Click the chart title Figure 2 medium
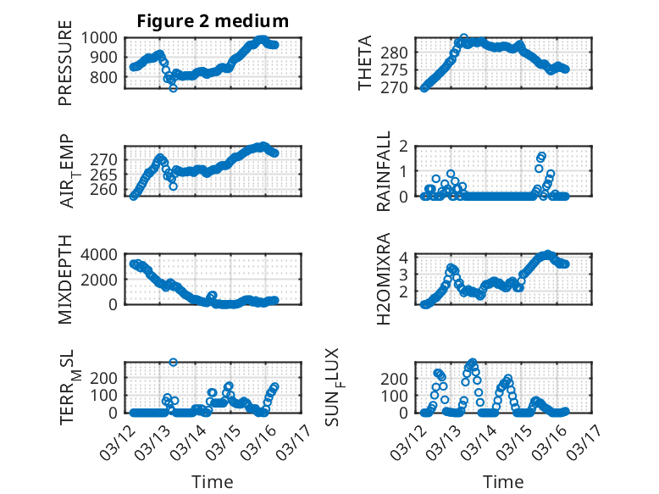coord(213,21)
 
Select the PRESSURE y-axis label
coord(65,69)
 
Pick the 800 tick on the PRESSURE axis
coord(108,77)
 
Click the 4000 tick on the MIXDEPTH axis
coord(103,254)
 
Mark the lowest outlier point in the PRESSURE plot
coord(173,87)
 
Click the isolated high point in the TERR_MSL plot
coord(173,363)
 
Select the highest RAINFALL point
coord(542,156)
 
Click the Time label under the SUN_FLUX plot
coord(503,481)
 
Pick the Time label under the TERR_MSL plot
coord(212,481)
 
